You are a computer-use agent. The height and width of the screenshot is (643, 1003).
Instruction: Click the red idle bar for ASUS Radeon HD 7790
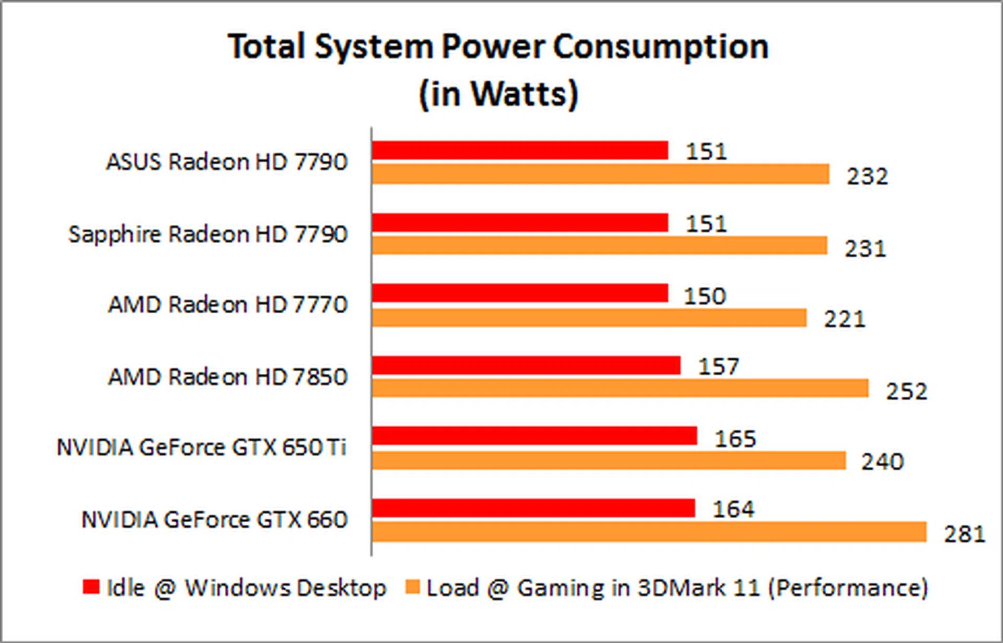click(x=520, y=151)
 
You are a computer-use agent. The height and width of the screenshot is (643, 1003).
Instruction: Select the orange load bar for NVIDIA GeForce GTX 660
click(x=649, y=532)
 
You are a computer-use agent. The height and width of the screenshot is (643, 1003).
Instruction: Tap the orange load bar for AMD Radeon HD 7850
click(x=620, y=388)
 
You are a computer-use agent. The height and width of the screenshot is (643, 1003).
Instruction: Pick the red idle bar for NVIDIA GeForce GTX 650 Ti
click(x=534, y=435)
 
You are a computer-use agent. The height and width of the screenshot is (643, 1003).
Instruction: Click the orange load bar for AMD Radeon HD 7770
click(x=589, y=317)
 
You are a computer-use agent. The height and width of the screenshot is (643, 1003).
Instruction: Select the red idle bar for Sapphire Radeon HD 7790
click(x=520, y=223)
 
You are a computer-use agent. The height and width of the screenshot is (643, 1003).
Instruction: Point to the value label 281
click(x=964, y=534)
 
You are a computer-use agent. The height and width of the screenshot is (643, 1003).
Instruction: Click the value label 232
click(x=867, y=176)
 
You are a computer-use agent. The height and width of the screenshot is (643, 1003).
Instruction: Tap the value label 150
click(x=705, y=296)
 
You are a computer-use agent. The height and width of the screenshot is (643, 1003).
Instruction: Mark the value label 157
click(x=719, y=366)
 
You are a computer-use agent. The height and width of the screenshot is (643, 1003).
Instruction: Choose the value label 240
click(x=882, y=462)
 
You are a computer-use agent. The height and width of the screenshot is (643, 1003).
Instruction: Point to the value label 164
click(x=733, y=509)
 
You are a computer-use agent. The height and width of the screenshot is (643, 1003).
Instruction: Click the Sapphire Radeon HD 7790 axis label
click(x=207, y=234)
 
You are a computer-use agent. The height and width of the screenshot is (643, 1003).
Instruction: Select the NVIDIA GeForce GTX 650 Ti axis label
click(x=201, y=447)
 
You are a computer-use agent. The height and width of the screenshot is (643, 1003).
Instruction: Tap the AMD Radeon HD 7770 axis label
click(x=227, y=304)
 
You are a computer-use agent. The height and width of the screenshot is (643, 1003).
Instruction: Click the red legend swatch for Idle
click(x=91, y=587)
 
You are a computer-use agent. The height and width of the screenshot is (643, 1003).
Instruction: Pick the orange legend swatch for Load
click(x=413, y=587)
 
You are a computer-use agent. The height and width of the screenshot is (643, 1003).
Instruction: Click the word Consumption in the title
click(x=661, y=47)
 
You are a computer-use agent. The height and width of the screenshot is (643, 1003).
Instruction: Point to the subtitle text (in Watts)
click(x=498, y=94)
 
